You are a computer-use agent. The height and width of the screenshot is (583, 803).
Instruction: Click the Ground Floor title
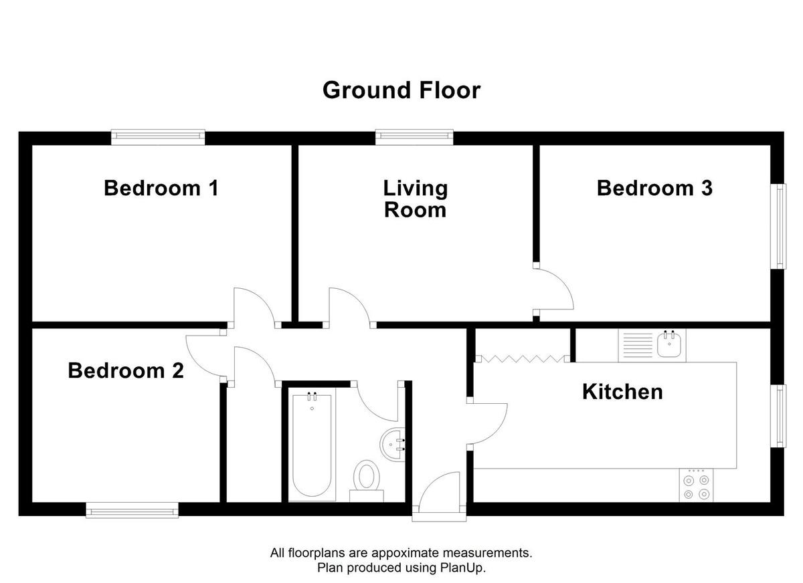(x=401, y=90)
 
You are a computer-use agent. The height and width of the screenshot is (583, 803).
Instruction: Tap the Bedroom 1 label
(x=161, y=188)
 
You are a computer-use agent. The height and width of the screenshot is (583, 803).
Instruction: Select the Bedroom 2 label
(x=126, y=370)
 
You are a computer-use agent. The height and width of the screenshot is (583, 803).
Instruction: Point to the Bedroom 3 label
(x=654, y=188)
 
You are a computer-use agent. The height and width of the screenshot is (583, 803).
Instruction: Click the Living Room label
(x=415, y=199)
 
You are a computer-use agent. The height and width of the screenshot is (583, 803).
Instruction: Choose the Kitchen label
(x=622, y=391)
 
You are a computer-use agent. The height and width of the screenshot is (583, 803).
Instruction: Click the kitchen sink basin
(x=668, y=346)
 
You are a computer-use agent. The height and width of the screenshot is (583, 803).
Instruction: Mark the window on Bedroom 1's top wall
(x=158, y=137)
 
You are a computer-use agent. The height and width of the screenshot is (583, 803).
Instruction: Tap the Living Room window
(x=414, y=137)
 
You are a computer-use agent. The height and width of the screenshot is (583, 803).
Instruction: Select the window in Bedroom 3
(x=780, y=227)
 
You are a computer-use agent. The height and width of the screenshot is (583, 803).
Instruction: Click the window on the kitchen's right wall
(x=780, y=416)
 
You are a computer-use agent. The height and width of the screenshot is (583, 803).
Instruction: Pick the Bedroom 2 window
(x=133, y=511)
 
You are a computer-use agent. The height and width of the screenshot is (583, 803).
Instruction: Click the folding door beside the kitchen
(x=522, y=359)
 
